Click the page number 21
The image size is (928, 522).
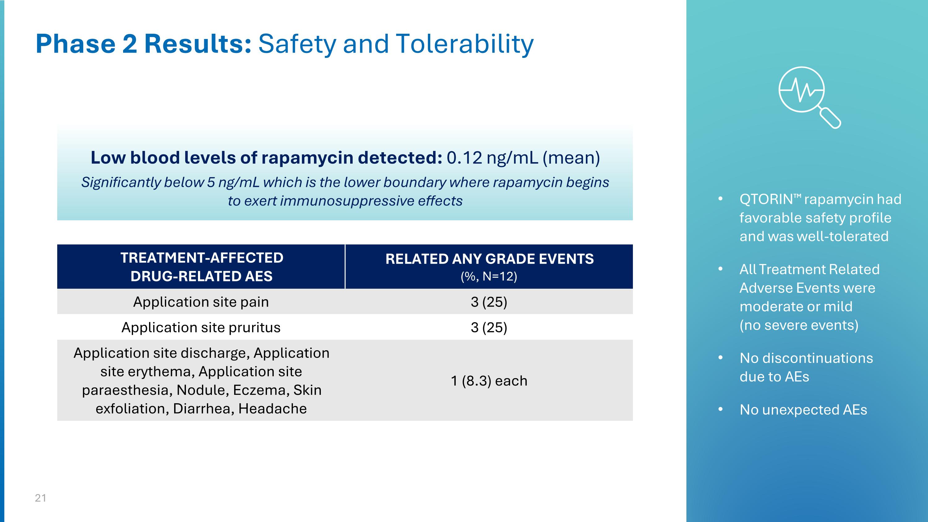click(x=40, y=498)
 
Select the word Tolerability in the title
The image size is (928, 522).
click(x=464, y=44)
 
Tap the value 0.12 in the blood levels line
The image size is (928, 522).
click(x=464, y=158)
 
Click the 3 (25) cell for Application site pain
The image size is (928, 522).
click(x=488, y=302)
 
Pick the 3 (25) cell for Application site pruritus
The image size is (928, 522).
click(x=488, y=327)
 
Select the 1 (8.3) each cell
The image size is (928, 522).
click(x=488, y=381)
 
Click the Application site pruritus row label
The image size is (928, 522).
click(x=201, y=327)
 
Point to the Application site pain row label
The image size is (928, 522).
click(x=201, y=302)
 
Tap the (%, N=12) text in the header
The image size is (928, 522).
click(x=488, y=276)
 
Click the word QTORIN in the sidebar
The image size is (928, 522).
click(x=766, y=199)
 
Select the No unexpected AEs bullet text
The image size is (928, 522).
click(x=803, y=410)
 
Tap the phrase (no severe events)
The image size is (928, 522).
click(x=799, y=325)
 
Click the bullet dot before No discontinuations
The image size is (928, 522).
click(x=720, y=358)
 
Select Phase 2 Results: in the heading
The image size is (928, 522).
click(x=143, y=44)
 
